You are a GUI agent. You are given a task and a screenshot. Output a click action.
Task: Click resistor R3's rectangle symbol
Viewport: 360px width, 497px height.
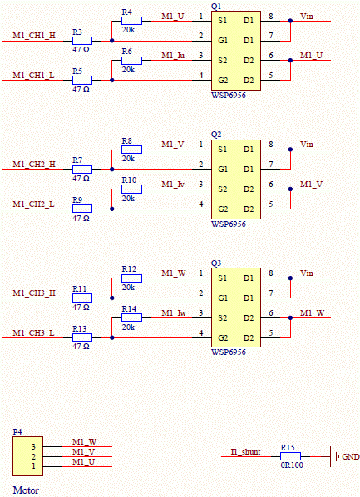point(82,41)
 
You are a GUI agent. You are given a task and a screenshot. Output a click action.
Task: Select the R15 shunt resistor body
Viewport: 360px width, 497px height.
point(290,456)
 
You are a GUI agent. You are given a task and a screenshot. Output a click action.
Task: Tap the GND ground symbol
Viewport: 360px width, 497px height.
point(333,456)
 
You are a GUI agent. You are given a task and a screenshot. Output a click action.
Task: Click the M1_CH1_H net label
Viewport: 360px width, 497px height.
point(34,35)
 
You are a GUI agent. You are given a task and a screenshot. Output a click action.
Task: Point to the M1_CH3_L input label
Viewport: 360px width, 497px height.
point(33,333)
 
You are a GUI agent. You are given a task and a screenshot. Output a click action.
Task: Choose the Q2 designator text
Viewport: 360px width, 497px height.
point(216,135)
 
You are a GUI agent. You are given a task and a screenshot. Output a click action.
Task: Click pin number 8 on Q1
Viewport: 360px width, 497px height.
point(271,16)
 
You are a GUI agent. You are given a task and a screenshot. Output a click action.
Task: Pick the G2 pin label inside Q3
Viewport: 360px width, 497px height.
point(223,338)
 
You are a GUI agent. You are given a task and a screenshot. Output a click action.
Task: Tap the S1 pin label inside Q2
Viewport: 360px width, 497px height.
point(223,149)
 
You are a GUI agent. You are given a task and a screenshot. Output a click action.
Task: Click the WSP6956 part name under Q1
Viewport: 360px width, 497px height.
point(229,95)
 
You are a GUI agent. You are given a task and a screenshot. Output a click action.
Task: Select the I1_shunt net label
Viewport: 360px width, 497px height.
point(246,451)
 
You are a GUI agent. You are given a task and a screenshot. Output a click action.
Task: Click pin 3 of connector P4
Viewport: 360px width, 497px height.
point(33,446)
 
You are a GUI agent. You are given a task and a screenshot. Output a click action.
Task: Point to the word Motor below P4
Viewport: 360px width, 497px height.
point(26,490)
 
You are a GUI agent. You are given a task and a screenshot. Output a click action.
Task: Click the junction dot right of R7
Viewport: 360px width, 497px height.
point(112,170)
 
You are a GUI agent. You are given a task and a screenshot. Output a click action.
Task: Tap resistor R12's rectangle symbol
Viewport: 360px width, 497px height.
point(131,278)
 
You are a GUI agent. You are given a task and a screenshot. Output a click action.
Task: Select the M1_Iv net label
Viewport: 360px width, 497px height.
point(173,185)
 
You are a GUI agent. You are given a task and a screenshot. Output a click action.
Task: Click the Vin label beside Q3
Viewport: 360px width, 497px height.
point(307,273)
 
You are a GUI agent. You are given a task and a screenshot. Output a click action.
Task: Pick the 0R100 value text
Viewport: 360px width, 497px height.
point(292,465)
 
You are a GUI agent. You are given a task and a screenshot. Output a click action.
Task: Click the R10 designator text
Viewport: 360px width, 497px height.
point(129,180)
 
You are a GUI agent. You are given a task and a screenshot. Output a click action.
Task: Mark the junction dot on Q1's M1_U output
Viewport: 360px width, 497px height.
point(290,60)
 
